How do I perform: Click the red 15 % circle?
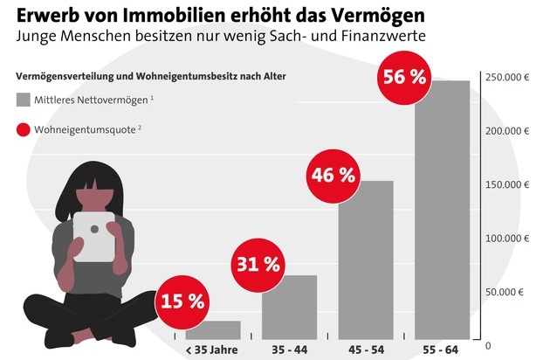[181, 302]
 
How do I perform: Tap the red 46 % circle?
[333, 175]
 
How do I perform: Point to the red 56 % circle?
[403, 76]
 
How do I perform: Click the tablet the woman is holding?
[93, 235]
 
